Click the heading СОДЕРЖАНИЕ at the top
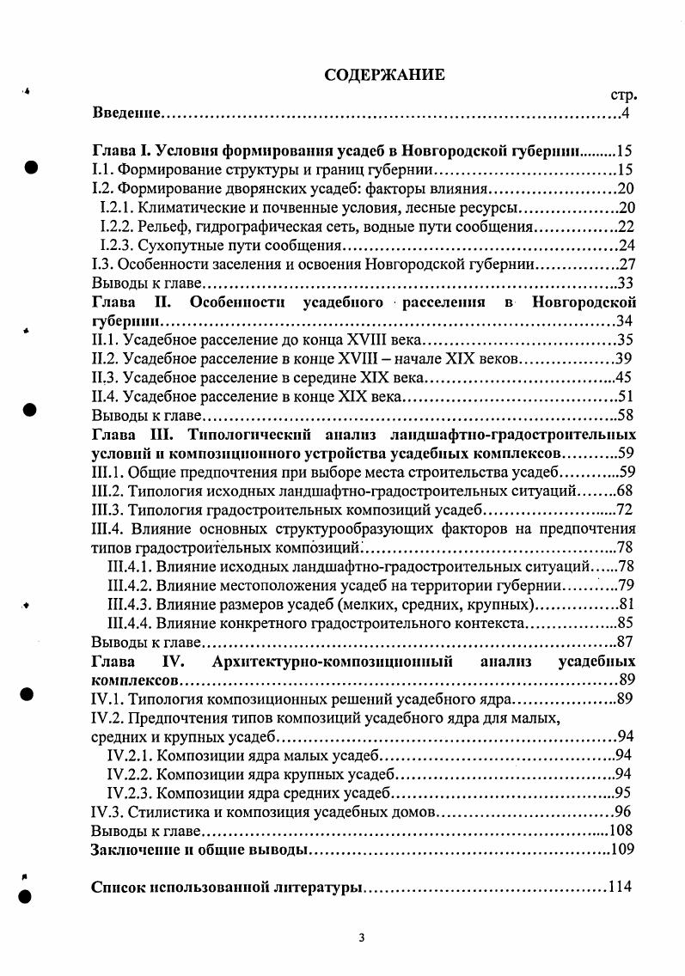pyautogui.click(x=384, y=75)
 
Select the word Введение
pyautogui.click(x=126, y=114)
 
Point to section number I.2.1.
pyautogui.click(x=117, y=209)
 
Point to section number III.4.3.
pyautogui.click(x=129, y=604)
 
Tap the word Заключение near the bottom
pyautogui.click(x=135, y=850)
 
